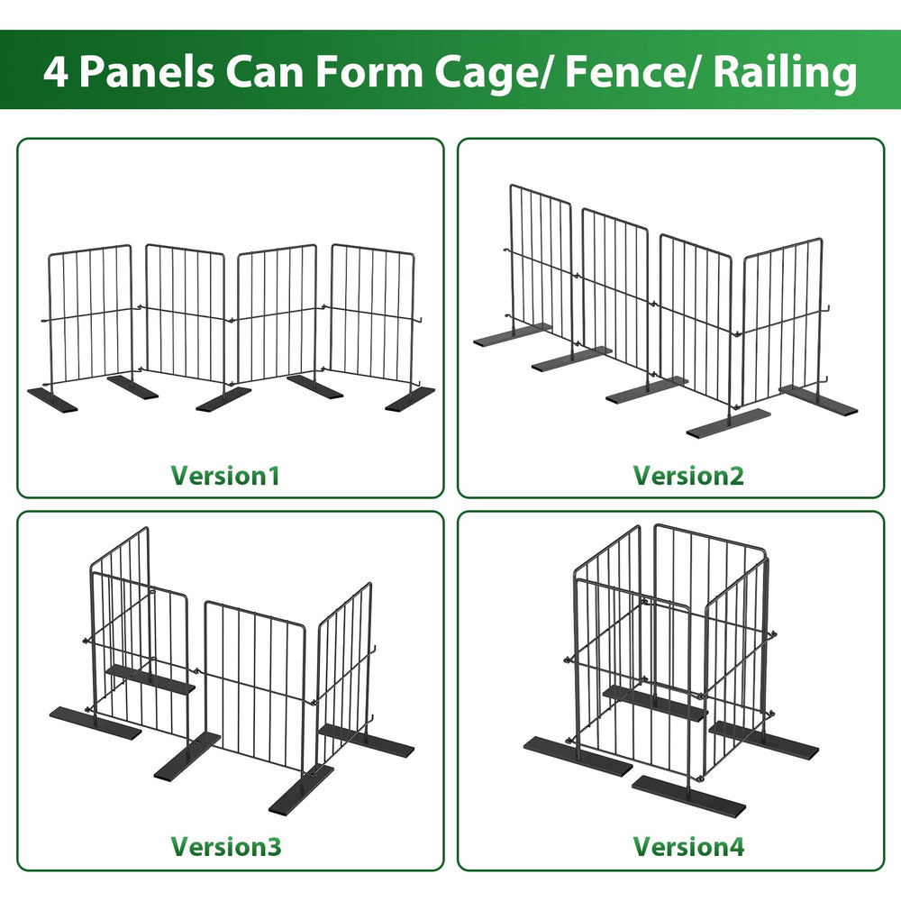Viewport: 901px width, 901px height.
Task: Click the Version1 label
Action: (225, 476)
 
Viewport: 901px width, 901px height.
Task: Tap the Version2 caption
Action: (688, 476)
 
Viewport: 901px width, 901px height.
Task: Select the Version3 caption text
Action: (226, 846)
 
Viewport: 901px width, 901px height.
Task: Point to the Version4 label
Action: (688, 846)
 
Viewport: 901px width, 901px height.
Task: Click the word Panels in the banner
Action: (147, 72)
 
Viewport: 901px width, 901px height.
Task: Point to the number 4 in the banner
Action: (56, 72)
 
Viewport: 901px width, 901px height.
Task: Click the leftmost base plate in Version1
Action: (52, 399)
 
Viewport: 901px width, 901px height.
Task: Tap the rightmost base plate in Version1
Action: (410, 399)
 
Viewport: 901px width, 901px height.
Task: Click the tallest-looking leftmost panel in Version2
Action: (541, 270)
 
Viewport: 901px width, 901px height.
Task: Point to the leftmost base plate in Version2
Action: (512, 334)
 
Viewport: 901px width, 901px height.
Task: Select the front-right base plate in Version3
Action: (301, 788)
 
